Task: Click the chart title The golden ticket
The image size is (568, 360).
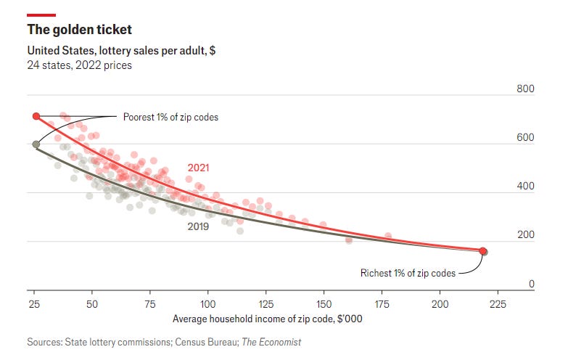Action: tap(80, 30)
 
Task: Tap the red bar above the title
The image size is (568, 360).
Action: tap(41, 15)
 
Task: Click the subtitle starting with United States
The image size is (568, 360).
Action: tap(121, 51)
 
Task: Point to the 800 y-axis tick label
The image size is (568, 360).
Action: tap(525, 89)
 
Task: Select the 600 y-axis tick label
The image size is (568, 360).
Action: tap(525, 138)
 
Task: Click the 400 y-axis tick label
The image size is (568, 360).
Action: tap(525, 187)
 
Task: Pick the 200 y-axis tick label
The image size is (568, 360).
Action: tap(525, 235)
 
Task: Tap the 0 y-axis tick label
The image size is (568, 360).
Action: tap(531, 284)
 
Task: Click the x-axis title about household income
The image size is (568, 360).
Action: tap(267, 319)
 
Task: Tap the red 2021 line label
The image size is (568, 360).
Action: tap(198, 168)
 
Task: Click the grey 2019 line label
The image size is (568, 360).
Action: tap(198, 226)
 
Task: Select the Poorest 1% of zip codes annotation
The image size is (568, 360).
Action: tap(170, 117)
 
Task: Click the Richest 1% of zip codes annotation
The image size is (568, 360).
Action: tap(408, 274)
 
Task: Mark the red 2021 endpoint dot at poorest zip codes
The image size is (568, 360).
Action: tap(36, 116)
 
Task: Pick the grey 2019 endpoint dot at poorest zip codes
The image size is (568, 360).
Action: tap(36, 144)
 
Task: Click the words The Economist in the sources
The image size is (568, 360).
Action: tap(271, 342)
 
